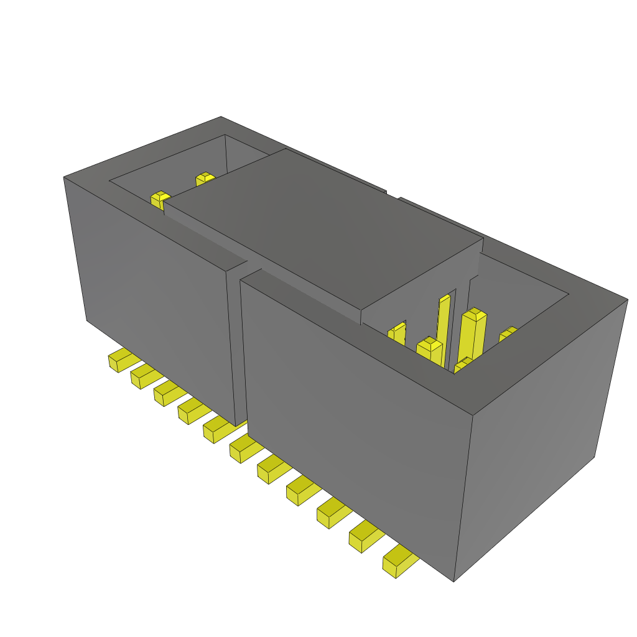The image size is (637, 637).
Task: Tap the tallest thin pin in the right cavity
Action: coord(444,323)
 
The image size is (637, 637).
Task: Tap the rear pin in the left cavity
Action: coord(204,179)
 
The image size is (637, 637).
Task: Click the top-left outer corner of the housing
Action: coord(64,178)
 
